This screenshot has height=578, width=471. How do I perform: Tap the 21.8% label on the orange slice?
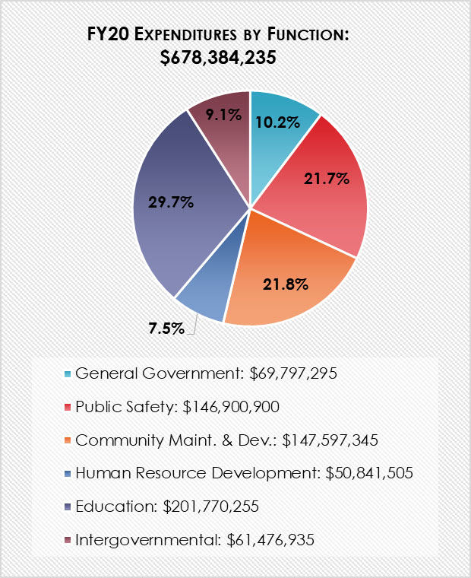pos(286,284)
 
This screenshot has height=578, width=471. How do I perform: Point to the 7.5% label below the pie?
pos(166,329)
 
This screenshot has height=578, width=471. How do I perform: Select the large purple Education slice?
pos(182,228)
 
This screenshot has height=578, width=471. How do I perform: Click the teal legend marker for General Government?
pos(67,374)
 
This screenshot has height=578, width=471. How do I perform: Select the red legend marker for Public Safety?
pos(67,407)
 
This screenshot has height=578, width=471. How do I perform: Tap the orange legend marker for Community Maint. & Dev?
pos(67,440)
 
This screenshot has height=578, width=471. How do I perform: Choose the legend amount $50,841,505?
pos(368,473)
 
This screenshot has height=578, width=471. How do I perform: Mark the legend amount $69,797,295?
pos(292,373)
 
